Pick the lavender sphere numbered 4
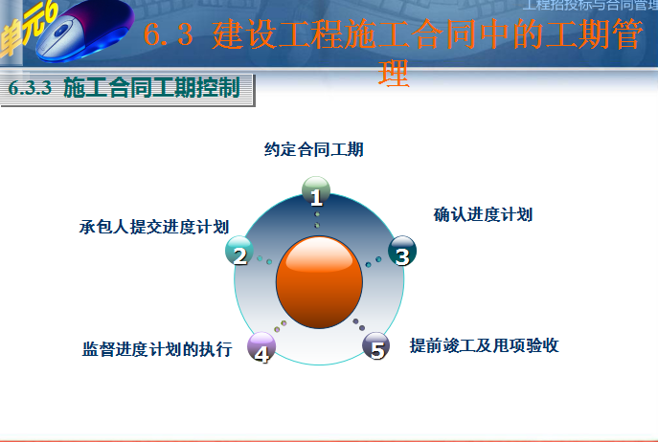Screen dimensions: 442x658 pyautogui.click(x=261, y=347)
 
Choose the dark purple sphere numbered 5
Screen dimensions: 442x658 pyautogui.click(x=376, y=346)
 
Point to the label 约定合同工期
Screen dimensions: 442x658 pyautogui.click(x=314, y=149)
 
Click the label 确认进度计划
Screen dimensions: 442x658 pyautogui.click(x=483, y=214)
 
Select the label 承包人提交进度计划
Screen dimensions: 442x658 pyautogui.click(x=153, y=227)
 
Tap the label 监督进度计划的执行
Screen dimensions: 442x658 pyautogui.click(x=157, y=349)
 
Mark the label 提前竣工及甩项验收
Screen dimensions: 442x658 pyautogui.click(x=484, y=345)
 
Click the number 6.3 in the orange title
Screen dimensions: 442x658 pyautogui.click(x=170, y=37)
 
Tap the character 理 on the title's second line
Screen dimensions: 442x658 pyautogui.click(x=394, y=74)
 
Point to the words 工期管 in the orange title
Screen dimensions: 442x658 pyautogui.click(x=583, y=37)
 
